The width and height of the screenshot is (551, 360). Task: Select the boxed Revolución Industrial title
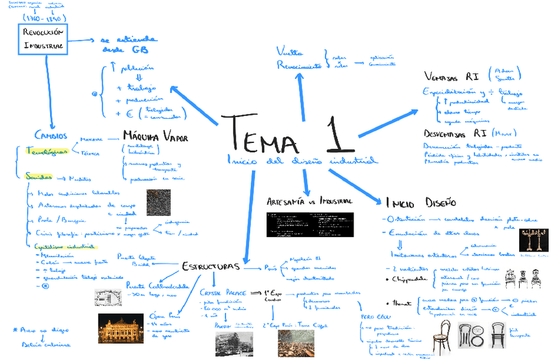pyautogui.click(x=44, y=38)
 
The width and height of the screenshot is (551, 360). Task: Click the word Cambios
pyautogui.click(x=51, y=135)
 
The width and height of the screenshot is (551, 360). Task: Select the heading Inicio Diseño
pyautogui.click(x=420, y=201)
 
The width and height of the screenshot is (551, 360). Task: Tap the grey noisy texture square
pyautogui.click(x=159, y=203)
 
